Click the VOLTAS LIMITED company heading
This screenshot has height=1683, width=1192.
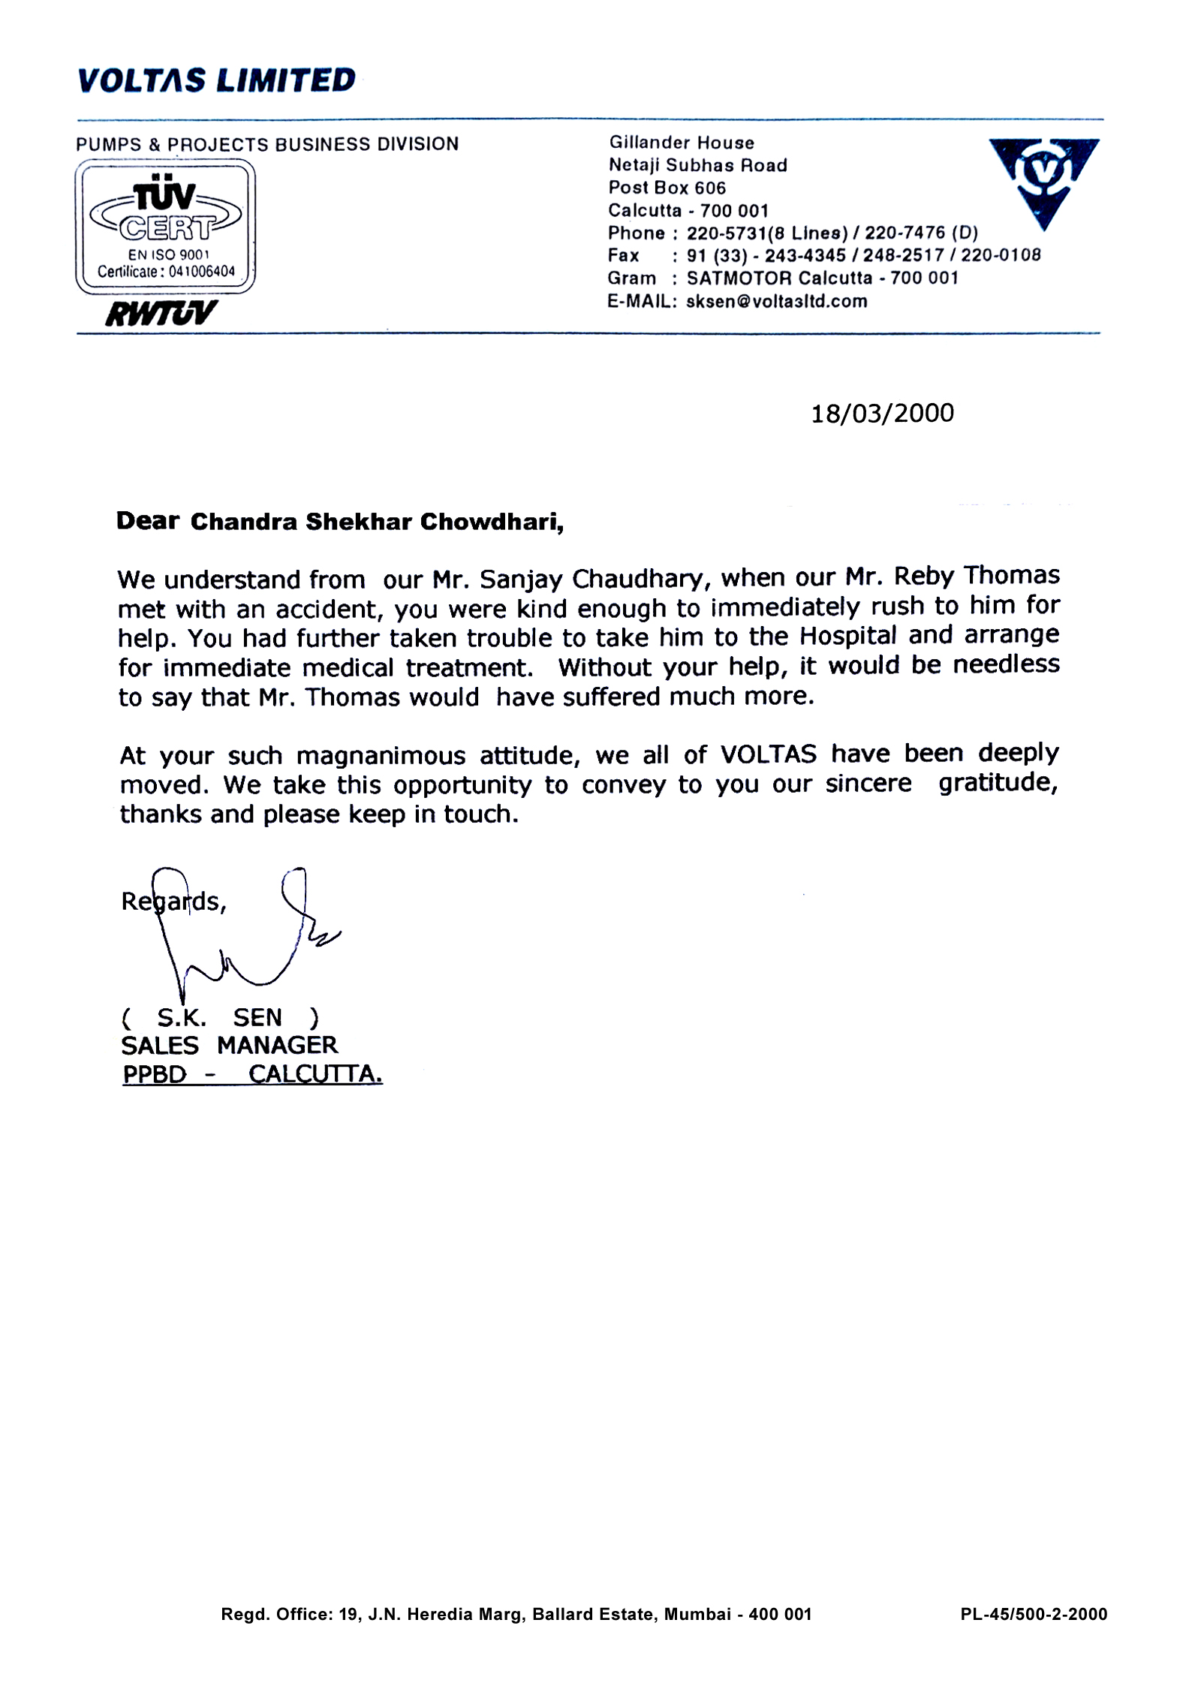216,80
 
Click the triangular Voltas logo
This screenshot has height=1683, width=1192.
1043,180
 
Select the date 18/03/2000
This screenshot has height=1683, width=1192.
882,414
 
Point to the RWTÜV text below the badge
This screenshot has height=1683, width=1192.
161,313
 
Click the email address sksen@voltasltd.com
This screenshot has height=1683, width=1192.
776,302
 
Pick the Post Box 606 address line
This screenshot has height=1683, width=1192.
667,188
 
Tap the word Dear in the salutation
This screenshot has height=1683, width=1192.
147,522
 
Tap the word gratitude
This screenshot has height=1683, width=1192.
998,783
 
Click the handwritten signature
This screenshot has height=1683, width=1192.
240,938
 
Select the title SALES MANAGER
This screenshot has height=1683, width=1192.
229,1045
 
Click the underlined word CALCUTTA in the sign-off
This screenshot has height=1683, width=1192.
315,1075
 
